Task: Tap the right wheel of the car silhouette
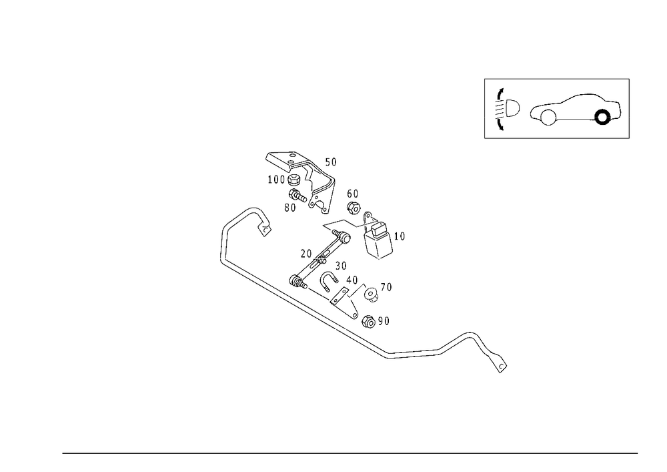[604, 117]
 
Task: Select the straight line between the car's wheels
[574, 121]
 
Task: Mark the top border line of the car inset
[557, 79]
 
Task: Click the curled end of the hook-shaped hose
[262, 224]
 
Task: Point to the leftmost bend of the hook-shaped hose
[223, 244]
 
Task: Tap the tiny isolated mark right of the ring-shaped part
[402, 234]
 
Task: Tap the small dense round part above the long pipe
[370, 295]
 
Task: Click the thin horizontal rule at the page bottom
[350, 453]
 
